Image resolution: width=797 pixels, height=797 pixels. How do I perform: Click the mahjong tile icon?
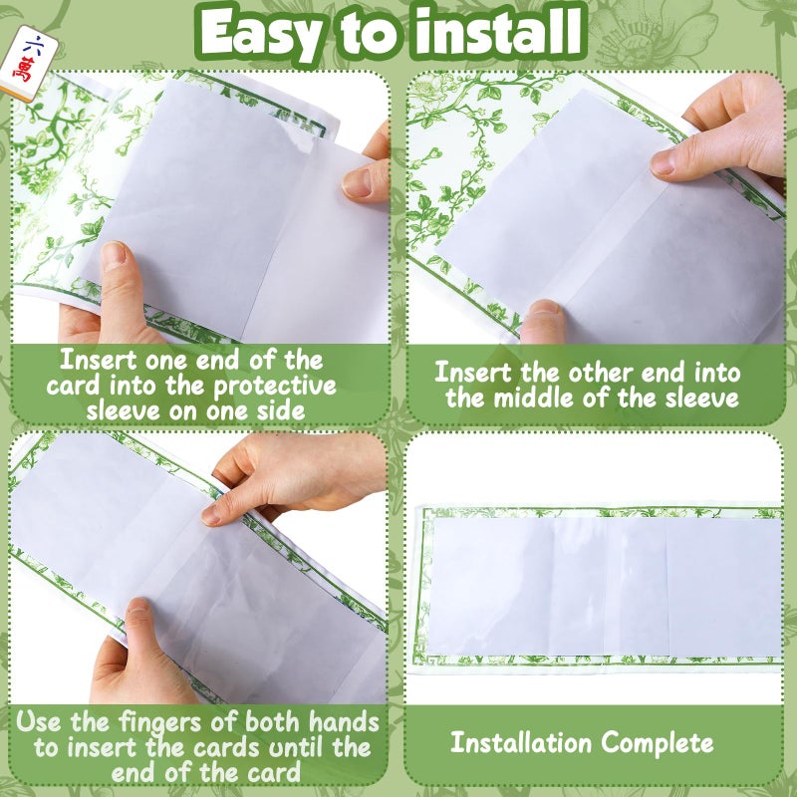29,63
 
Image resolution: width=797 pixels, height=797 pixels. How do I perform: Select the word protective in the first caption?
275,387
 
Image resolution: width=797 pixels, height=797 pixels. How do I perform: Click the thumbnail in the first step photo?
113,254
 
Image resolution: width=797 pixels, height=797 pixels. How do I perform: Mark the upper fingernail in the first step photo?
357,183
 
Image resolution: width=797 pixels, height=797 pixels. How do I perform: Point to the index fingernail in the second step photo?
664,161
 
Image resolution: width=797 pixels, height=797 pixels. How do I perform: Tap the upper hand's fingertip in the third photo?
213,513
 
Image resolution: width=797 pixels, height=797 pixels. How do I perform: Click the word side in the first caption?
281,410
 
